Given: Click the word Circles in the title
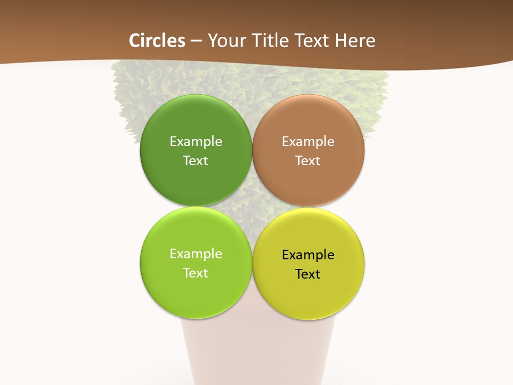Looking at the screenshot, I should click(157, 41).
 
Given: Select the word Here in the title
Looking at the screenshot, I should click(355, 41).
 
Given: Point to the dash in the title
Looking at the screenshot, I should click(196, 41).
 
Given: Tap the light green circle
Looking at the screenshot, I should click(196, 294).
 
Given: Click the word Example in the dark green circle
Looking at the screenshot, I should click(196, 142).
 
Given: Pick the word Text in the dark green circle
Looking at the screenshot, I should click(196, 161).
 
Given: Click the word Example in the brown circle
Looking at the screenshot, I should click(308, 142).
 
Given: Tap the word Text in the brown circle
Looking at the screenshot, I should click(308, 161).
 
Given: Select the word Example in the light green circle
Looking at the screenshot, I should click(196, 254).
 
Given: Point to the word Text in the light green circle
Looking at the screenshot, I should click(196, 273).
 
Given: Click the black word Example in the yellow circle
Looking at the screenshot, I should click(308, 255).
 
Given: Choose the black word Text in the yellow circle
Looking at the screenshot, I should click(308, 274).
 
